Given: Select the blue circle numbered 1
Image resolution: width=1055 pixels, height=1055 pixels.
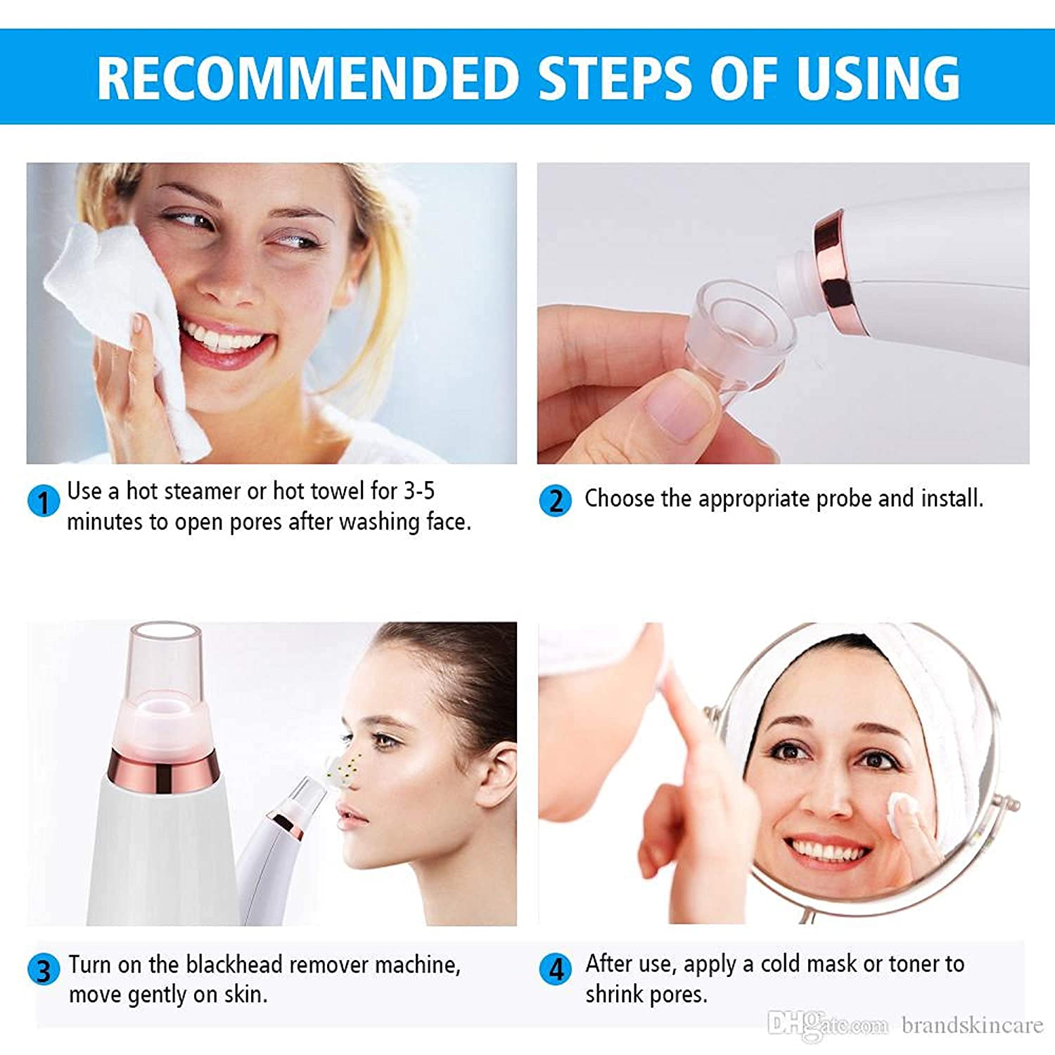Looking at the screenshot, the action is point(43,501).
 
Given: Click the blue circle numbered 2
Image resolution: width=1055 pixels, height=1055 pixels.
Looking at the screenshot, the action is point(555,500).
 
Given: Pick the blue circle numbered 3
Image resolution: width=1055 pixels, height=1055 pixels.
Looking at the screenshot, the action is point(44,969).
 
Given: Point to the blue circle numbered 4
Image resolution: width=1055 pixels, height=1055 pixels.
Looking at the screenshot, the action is point(556,968).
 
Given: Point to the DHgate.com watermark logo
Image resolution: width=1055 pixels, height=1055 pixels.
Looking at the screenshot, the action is point(828,1025).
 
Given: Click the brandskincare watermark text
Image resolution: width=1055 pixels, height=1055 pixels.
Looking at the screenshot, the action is point(973,1025).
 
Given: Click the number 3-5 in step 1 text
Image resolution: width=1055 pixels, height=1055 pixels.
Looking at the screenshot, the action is point(419,491).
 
